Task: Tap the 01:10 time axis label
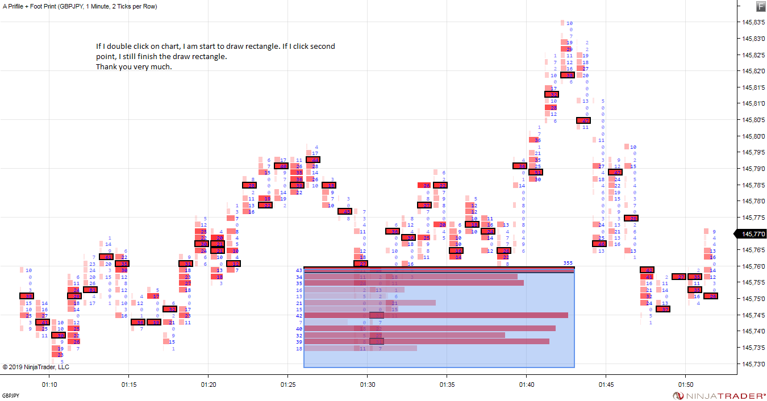click(x=49, y=385)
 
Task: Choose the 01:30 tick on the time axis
click(x=367, y=385)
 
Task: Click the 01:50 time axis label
click(x=685, y=385)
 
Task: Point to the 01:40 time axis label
click(x=526, y=385)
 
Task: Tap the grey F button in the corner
click(x=761, y=6)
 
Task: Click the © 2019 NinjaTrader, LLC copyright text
click(x=36, y=367)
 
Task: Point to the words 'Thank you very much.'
click(x=134, y=67)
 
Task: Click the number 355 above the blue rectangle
click(x=568, y=262)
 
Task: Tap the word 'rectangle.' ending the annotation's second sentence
click(x=210, y=57)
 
